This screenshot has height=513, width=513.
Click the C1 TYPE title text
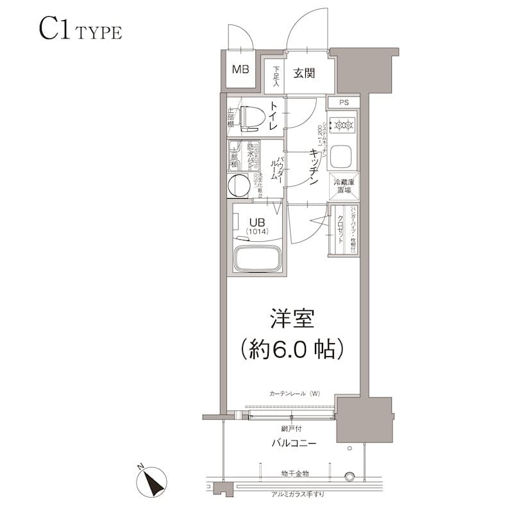tap(80, 30)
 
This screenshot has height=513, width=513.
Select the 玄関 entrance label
tap(304, 74)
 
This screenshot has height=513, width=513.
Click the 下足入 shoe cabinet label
tap(276, 76)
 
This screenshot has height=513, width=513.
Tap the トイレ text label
tap(274, 117)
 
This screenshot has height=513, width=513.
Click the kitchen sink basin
tap(344, 156)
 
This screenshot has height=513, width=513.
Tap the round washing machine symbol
tap(239, 185)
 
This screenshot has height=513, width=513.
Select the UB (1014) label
tap(255, 225)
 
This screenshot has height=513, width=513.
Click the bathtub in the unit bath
tap(256, 259)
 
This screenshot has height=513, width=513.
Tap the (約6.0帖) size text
tap(293, 349)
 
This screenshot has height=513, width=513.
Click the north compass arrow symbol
tap(153, 481)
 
